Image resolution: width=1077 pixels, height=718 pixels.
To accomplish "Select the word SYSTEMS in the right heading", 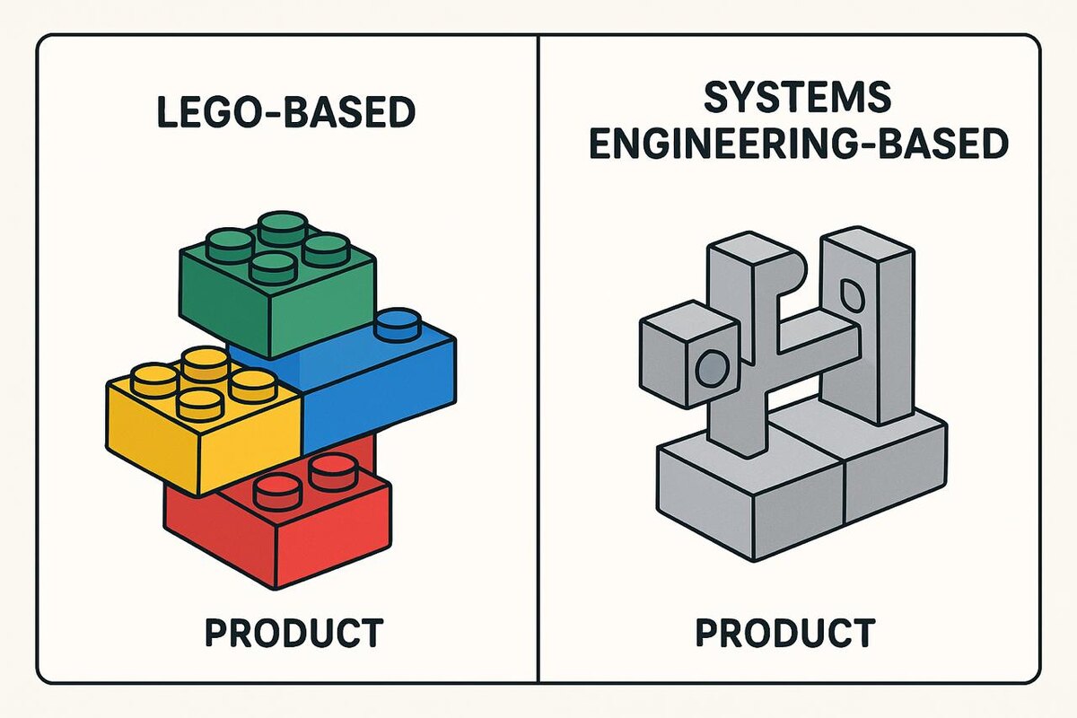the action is (796, 97).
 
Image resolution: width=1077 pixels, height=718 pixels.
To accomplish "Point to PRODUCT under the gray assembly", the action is (784, 633).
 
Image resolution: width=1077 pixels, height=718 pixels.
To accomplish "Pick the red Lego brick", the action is (278, 530).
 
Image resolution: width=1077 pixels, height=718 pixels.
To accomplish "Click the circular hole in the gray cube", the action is (714, 367).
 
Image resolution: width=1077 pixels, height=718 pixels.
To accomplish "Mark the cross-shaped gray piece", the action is (772, 350).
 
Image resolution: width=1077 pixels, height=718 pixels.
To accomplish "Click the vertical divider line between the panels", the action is (538, 359).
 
